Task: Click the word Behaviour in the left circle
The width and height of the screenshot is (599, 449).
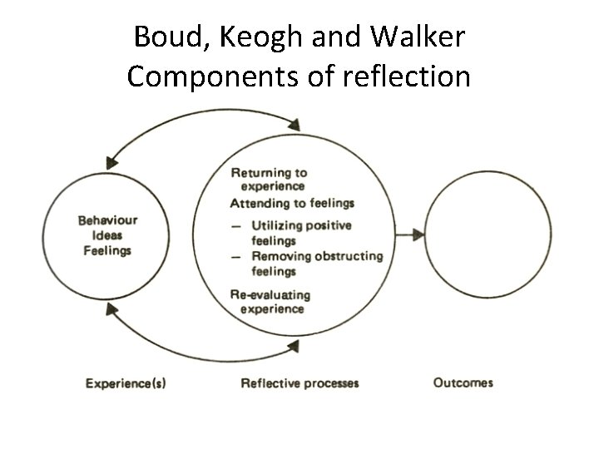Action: pyautogui.click(x=107, y=221)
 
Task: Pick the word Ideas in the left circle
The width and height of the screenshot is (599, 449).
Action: pyautogui.click(x=107, y=236)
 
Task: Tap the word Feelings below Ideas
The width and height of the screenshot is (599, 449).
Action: pyautogui.click(x=107, y=251)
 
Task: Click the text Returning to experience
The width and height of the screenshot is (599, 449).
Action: pyautogui.click(x=269, y=179)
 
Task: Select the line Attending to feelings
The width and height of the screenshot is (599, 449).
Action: pyautogui.click(x=292, y=203)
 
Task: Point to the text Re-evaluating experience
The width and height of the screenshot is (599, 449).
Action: pyautogui.click(x=270, y=302)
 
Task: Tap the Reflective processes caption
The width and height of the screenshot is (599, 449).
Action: pyautogui.click(x=299, y=383)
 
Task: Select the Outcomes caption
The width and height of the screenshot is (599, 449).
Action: pyautogui.click(x=463, y=383)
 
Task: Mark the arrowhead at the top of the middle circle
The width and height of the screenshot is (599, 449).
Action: pyautogui.click(x=294, y=126)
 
